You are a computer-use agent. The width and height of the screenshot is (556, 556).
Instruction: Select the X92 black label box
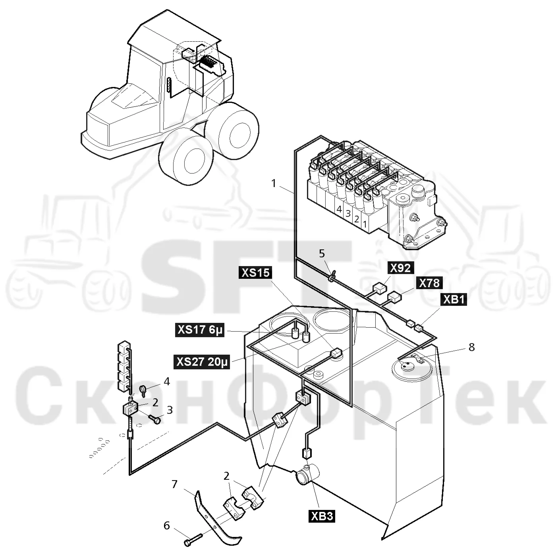pyautogui.click(x=400, y=268)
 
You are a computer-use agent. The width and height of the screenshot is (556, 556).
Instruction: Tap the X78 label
pyautogui.click(x=429, y=283)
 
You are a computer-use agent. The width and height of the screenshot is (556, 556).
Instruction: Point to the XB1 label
pyautogui.click(x=453, y=300)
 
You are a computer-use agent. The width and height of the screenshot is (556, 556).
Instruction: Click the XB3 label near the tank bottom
pyautogui.click(x=322, y=516)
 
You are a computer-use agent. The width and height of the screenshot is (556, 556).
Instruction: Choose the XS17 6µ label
pyautogui.click(x=200, y=330)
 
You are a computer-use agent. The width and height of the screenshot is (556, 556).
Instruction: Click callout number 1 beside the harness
pyautogui.click(x=274, y=183)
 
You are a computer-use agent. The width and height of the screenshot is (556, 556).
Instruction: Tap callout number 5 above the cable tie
pyautogui.click(x=322, y=254)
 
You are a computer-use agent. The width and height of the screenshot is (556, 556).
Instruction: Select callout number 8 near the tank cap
pyautogui.click(x=471, y=347)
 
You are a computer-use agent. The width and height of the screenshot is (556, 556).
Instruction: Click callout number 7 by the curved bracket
pyautogui.click(x=174, y=460)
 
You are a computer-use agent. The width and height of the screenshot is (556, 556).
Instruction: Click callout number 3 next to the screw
pyautogui.click(x=170, y=410)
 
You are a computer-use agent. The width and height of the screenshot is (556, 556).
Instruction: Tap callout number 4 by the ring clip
pyautogui.click(x=167, y=381)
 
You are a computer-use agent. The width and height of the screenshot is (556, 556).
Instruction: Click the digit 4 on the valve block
pyautogui.click(x=339, y=209)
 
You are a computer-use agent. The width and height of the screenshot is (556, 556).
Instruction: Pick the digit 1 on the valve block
pyautogui.click(x=365, y=224)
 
